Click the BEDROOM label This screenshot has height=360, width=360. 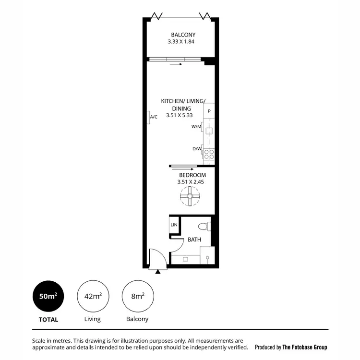[192, 175]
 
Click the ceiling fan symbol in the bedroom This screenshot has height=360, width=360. [191, 197]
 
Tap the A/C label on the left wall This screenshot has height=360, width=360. [154, 117]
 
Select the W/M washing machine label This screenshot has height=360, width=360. [196, 127]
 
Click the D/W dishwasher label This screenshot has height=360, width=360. [197, 149]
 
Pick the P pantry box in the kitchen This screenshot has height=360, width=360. [209, 111]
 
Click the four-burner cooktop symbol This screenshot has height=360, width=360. [209, 154]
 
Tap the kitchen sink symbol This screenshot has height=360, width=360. [209, 131]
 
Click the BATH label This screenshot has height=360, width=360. [194, 240]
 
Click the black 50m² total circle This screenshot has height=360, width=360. [48, 296]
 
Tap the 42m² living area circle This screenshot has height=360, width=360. [93, 296]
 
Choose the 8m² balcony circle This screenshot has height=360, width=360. [138, 296]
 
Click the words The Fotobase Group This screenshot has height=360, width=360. [305, 347]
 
